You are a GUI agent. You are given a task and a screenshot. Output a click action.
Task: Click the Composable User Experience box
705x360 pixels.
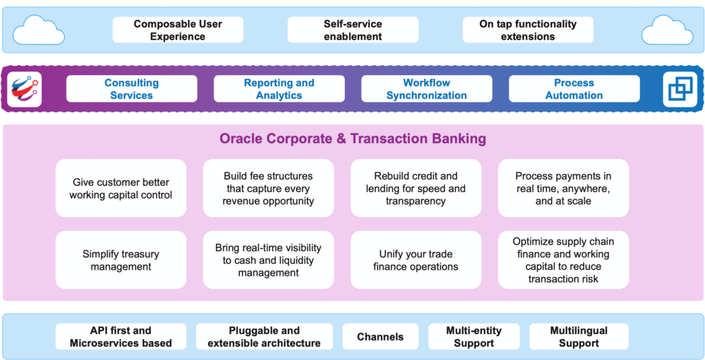tap(178, 30)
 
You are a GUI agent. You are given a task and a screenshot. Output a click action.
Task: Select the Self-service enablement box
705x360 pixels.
tap(353, 30)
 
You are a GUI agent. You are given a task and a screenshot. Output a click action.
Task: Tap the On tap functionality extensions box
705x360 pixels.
tap(528, 30)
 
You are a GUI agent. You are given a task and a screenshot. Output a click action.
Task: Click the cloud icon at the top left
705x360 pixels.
tap(39, 30)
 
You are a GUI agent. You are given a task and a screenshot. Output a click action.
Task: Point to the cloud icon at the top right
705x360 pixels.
tap(667, 30)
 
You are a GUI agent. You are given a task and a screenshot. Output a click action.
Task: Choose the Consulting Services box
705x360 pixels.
tap(131, 89)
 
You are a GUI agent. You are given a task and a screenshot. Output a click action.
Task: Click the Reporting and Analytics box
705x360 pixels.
tap(280, 89)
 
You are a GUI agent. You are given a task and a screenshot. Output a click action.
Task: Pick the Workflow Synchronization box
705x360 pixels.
tap(427, 89)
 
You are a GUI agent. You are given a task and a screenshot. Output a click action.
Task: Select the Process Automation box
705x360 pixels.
tap(574, 89)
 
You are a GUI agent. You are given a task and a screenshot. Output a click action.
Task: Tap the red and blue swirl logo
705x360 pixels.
tap(24, 89)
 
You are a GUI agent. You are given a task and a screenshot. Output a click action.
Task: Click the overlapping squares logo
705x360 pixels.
tap(680, 89)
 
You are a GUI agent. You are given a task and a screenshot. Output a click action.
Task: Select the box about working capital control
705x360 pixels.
tap(121, 188)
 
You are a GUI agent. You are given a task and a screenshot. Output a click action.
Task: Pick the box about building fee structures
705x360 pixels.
tap(269, 188)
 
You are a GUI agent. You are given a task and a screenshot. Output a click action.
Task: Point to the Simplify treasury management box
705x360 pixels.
tap(121, 260)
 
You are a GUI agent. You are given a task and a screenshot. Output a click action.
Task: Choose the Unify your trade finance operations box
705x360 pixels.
tap(416, 260)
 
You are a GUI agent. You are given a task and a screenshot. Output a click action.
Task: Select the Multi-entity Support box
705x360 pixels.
tap(474, 337)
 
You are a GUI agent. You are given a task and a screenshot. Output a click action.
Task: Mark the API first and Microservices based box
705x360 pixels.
tap(120, 337)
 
